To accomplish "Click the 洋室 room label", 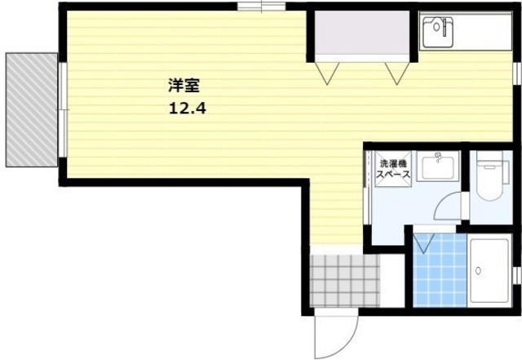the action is (x=184, y=86).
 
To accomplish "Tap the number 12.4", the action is (x=188, y=108).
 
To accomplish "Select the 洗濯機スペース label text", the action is (x=393, y=169).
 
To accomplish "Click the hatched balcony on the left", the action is (x=32, y=109).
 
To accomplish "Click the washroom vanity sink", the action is (x=438, y=167).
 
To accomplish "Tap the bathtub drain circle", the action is (x=479, y=271).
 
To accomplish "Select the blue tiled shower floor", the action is (x=440, y=269).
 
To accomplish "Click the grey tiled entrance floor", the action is (x=345, y=280).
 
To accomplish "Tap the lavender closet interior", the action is (x=362, y=33).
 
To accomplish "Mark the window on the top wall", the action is (x=261, y=7).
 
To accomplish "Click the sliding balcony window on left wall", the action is (x=63, y=109).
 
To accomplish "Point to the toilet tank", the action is (x=506, y=172).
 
